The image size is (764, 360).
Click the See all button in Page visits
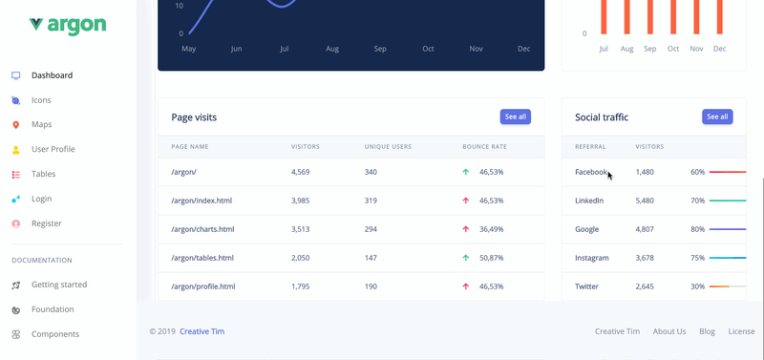click(x=515, y=116)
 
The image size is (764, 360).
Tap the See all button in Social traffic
click(x=717, y=116)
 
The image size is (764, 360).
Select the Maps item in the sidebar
click(x=41, y=125)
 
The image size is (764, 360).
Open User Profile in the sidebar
click(x=53, y=149)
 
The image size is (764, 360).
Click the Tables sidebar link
click(x=43, y=174)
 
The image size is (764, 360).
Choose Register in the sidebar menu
click(x=46, y=223)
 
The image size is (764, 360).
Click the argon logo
click(x=67, y=25)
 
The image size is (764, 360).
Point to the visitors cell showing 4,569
click(x=300, y=172)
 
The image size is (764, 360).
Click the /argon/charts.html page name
click(x=202, y=229)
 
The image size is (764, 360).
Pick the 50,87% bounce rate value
click(x=491, y=258)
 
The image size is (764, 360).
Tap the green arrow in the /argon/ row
click(x=466, y=172)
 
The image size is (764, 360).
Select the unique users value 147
click(x=371, y=258)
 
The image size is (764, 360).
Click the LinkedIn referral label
click(x=589, y=201)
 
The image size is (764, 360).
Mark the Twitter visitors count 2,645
click(x=645, y=286)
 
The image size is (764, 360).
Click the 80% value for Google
click(x=698, y=229)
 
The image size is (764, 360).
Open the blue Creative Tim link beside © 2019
click(x=202, y=331)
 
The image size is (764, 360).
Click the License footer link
click(x=742, y=331)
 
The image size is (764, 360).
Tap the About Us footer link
click(x=669, y=331)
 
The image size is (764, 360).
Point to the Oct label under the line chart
click(x=428, y=49)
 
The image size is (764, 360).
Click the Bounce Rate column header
click(x=485, y=147)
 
